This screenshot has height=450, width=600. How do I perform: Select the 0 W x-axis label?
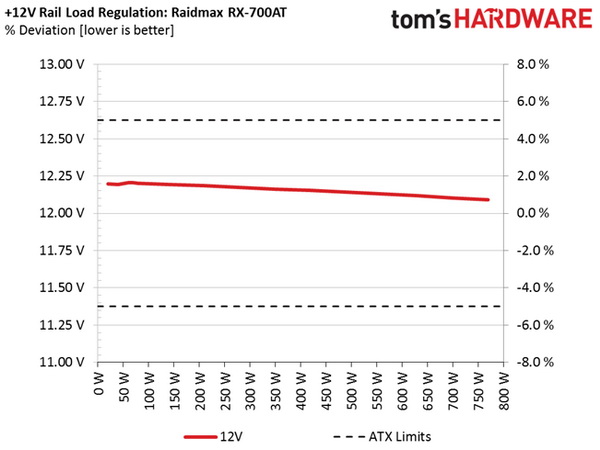click(99, 385)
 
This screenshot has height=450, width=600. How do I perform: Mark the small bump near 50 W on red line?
click(130, 183)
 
